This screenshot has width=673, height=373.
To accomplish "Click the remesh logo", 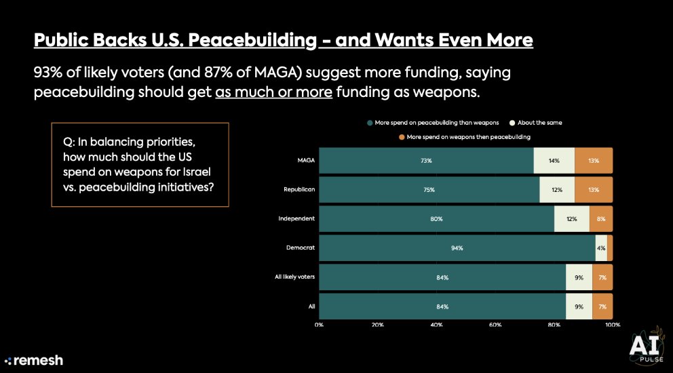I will (33, 360).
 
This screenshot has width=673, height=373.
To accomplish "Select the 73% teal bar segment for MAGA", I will (426, 161).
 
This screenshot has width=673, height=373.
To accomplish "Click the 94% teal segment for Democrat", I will (457, 248).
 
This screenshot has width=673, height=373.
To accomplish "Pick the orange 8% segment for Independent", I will (601, 219).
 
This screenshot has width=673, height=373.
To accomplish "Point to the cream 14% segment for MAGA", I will (554, 161).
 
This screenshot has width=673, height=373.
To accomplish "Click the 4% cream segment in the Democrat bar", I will (601, 248).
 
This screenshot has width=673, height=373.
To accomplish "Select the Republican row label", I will (299, 190).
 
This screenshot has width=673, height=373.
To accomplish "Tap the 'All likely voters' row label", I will (292, 277).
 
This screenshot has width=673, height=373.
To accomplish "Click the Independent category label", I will (296, 219).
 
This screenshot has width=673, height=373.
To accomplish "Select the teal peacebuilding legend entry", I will (433, 123).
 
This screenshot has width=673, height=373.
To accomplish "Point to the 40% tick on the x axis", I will (436, 326).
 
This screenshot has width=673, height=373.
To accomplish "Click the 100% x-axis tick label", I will (612, 326).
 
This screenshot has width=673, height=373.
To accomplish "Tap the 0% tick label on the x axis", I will (319, 326).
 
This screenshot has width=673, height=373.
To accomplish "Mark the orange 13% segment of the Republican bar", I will (594, 190).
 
